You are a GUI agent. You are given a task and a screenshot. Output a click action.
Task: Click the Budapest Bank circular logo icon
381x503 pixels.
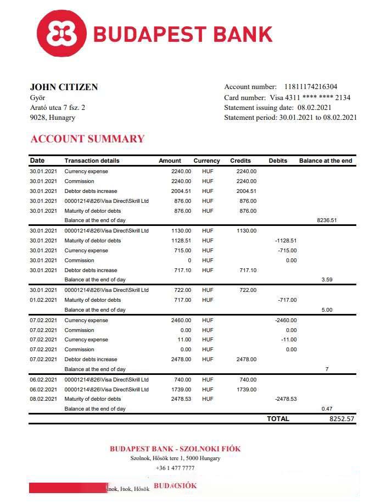[65, 34]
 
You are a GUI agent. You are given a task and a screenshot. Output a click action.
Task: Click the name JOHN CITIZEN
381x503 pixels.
[64, 87]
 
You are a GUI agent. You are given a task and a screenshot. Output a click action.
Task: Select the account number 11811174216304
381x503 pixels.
[311, 87]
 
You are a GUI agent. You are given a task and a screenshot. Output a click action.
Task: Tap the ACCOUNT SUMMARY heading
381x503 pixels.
[87, 139]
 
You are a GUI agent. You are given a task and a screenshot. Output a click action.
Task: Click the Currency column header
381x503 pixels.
[206, 161]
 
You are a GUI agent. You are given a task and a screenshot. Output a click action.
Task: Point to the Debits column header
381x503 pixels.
[278, 161]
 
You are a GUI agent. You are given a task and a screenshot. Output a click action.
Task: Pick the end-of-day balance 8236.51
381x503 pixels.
[327, 220]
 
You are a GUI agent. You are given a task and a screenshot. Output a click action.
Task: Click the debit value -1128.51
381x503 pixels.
[285, 241]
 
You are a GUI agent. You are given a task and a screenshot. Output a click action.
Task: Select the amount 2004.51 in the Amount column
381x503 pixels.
[181, 191]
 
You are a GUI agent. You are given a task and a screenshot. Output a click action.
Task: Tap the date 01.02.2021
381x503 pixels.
[43, 300]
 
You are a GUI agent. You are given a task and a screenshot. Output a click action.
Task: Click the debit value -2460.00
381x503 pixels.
[285, 320]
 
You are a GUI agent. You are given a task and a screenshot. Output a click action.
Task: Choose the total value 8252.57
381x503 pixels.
[342, 419]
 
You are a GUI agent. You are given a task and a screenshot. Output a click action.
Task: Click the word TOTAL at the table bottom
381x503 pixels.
[278, 419]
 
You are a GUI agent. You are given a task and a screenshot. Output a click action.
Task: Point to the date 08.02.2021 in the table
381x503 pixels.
[43, 399]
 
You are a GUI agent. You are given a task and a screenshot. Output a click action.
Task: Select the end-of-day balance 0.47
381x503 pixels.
[327, 409]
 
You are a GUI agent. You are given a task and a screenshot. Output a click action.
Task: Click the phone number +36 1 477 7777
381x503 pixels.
[175, 468]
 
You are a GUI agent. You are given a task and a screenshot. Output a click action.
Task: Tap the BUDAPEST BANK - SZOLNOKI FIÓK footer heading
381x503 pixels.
[175, 449]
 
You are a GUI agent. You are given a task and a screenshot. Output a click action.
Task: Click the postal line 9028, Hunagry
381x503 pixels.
[53, 118]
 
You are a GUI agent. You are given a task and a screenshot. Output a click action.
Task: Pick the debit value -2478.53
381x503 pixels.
[285, 399]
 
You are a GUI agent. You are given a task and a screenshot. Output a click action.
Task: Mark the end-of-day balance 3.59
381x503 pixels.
[327, 280]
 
